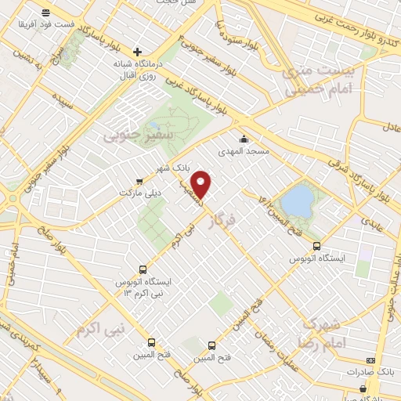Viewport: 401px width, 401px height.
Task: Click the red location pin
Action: (202, 184)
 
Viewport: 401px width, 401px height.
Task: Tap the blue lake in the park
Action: (297, 200)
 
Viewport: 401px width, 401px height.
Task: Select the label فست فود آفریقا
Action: (49, 24)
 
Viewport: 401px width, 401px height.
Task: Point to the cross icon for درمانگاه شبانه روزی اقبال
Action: (138, 52)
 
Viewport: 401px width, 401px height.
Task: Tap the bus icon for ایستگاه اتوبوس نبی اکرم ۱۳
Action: (142, 267)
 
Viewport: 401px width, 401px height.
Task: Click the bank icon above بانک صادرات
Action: (370, 359)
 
